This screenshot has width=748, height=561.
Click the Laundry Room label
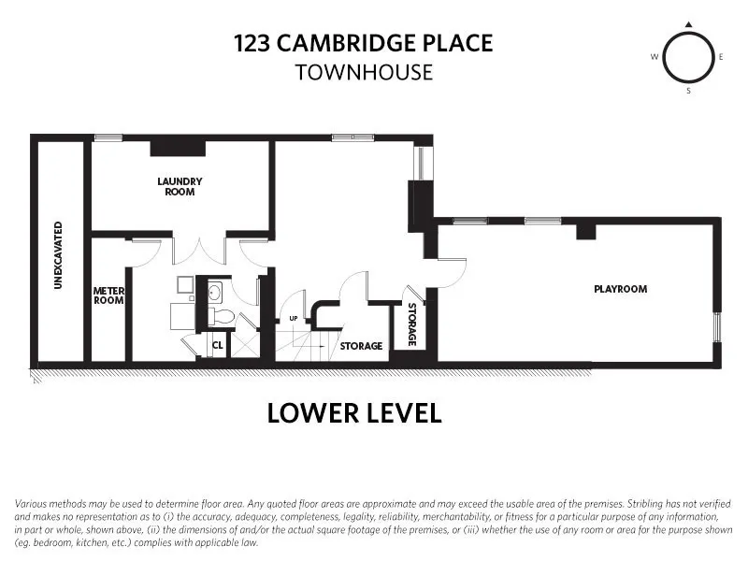coord(180,186)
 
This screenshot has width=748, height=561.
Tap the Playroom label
coord(621,289)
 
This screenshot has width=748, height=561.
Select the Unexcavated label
coord(58,255)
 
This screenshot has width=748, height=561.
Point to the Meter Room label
coord(108,295)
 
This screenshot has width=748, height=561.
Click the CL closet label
coord(217,345)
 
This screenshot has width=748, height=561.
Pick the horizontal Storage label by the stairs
coord(361,346)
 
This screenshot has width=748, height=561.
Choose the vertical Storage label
coord(410,323)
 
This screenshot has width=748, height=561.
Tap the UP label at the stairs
coord(293,318)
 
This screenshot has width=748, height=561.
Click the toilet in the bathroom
coord(221,317)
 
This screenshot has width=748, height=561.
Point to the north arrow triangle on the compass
coord(688,24)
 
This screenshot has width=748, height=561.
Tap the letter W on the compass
coord(654,57)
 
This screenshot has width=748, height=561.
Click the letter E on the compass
coord(722,57)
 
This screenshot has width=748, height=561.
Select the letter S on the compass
coord(688,91)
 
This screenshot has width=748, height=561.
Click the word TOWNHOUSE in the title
coord(365,72)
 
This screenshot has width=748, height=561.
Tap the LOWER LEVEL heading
coord(354,413)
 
